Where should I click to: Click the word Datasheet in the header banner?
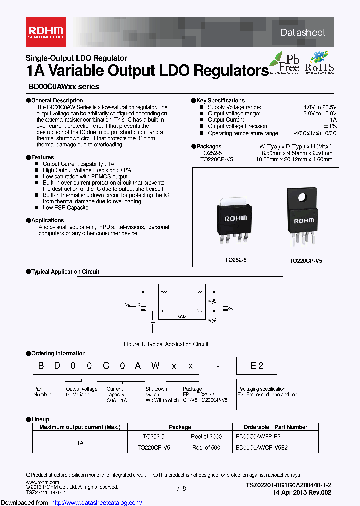coord(303,33)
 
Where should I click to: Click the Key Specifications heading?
coord(220,101)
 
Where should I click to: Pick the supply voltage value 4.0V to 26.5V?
coord(320,107)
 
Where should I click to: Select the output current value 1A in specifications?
coord(333,120)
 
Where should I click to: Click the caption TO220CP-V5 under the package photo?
coord(305,261)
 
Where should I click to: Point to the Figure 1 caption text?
coord(166,344)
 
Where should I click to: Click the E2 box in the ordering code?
coord(256,366)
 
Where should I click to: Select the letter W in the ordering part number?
coord(155,366)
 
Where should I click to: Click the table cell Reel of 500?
coord(206,448)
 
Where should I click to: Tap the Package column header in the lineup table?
coord(180,427)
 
